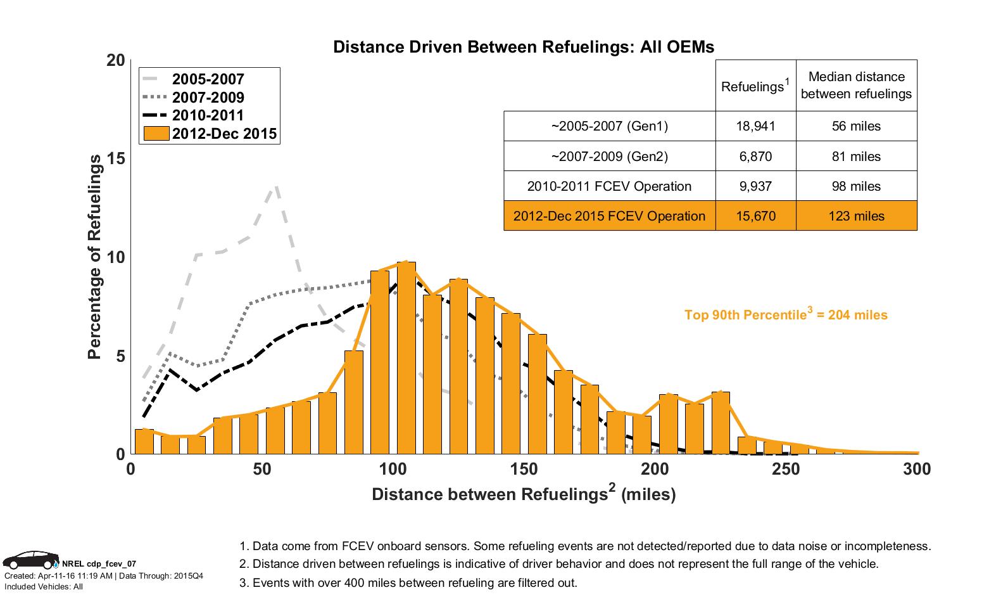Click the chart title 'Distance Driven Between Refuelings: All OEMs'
point(524,47)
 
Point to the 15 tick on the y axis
point(116,158)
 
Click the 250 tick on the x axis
point(786,469)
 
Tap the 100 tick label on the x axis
point(393,469)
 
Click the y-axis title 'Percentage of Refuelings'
point(95,257)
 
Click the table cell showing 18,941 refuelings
point(755,126)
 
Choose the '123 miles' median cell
point(856,216)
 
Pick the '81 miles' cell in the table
point(856,157)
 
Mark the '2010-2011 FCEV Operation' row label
point(609,186)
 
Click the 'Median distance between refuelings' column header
point(856,86)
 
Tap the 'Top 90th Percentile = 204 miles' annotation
point(786,315)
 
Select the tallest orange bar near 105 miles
point(406,358)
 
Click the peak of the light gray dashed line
point(276,188)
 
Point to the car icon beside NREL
point(30,560)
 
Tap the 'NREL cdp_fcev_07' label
point(98,563)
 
